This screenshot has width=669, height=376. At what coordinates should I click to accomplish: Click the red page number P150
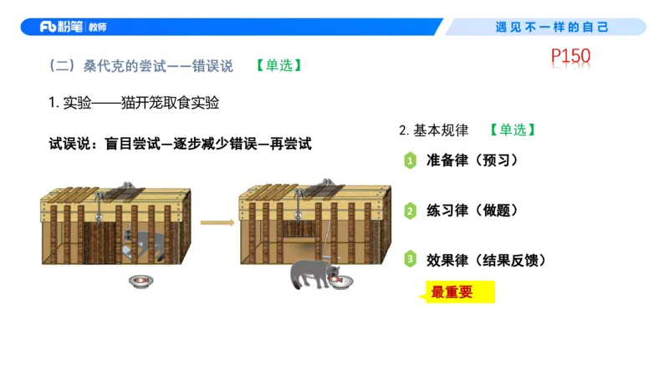[571, 58]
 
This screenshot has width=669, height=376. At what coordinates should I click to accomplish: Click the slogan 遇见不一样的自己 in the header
[552, 27]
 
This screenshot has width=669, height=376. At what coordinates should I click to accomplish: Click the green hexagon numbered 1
[410, 160]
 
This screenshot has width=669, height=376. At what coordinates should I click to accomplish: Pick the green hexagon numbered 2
[410, 211]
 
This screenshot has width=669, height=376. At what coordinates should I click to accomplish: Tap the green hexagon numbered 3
[410, 259]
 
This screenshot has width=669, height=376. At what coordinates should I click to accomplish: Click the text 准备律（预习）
[473, 160]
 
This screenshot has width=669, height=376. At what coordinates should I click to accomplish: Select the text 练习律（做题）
[473, 211]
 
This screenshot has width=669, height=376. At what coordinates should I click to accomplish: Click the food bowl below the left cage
[140, 282]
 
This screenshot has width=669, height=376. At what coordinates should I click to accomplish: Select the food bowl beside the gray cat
[340, 284]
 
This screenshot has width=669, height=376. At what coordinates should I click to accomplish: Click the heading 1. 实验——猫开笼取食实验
[135, 103]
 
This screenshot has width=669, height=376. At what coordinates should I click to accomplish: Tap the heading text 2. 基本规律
[434, 130]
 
